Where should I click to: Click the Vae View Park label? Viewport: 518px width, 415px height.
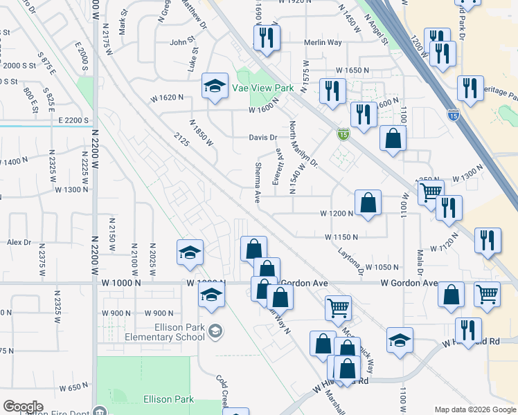264,89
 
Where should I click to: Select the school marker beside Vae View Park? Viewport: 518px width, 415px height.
215,87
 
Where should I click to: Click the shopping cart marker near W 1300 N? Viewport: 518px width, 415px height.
431,192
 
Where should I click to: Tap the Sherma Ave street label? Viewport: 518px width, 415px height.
257,183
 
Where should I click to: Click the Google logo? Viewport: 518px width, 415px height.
23,407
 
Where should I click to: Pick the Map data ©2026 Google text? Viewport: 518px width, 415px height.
474,409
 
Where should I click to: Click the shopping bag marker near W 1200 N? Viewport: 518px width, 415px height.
368,203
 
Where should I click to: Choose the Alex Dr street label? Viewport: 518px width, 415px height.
19,242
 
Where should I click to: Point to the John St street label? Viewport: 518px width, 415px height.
184,42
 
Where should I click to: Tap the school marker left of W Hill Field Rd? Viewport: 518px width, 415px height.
400,340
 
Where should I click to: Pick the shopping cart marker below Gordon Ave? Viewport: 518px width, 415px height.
338,308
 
